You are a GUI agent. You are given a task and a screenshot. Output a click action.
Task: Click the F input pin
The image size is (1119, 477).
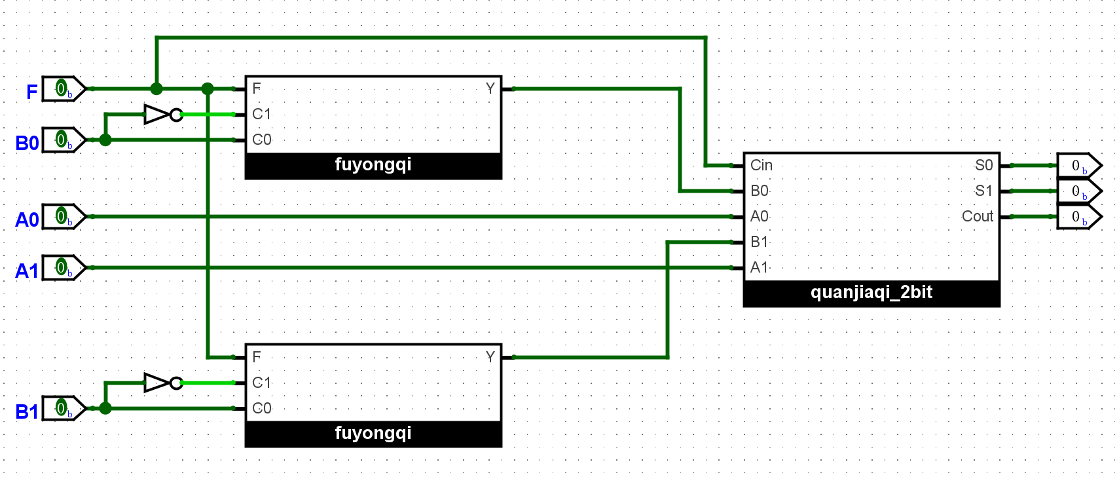click(64, 88)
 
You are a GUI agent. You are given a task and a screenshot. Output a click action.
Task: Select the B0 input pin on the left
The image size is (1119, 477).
click(64, 140)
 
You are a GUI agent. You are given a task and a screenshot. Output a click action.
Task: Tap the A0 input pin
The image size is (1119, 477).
click(64, 216)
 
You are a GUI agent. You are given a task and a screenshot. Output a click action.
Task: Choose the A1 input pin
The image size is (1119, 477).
click(64, 267)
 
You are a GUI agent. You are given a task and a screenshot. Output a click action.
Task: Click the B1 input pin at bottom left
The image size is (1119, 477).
click(64, 408)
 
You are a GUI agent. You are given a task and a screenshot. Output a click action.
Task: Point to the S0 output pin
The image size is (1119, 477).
click(1078, 166)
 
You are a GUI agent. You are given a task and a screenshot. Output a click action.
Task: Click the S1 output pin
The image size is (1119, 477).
click(1078, 191)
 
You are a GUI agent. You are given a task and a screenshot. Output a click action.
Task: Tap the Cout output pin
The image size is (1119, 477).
click(1078, 217)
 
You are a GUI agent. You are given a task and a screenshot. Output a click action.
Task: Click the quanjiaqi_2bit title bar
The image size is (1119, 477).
click(871, 293)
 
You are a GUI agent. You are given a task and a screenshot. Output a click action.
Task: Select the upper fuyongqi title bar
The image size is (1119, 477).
click(373, 165)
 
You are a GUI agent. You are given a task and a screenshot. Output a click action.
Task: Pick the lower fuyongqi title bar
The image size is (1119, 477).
click(373, 434)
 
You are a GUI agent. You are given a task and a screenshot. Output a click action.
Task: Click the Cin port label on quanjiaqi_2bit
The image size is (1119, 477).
click(761, 165)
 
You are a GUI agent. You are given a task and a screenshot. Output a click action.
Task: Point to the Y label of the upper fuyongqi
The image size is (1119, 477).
click(490, 88)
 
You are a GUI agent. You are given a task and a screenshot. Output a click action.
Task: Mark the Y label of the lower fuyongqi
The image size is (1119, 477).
click(490, 357)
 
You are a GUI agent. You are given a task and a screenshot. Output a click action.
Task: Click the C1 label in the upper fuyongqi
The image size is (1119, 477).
click(261, 114)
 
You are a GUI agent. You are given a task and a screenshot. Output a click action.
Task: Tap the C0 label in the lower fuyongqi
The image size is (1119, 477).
click(261, 408)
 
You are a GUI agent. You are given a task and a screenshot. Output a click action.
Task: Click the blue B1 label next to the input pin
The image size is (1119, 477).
click(27, 411)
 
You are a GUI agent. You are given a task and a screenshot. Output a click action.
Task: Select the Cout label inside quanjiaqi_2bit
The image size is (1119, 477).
click(977, 216)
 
